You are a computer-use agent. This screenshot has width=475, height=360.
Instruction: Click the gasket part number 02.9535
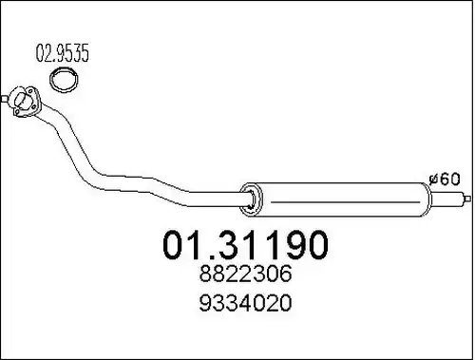pyautogui.click(x=62, y=53)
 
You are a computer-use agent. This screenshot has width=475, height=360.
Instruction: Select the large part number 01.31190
pyautogui.click(x=245, y=245)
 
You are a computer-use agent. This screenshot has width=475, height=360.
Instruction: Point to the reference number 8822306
pyautogui.click(x=245, y=274)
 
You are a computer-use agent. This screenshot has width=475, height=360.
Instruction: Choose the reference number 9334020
pyautogui.click(x=245, y=302)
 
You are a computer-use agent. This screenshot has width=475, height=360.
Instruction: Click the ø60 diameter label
pyautogui.click(x=444, y=180)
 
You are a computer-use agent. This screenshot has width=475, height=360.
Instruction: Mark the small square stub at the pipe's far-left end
pyautogui.click(x=3, y=99)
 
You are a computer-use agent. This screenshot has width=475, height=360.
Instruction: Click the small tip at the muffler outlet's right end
pyautogui.click(x=467, y=199)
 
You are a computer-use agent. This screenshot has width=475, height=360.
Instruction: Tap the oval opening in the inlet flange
pyautogui.click(x=21, y=99)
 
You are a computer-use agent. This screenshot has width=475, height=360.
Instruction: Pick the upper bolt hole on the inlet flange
pyautogui.click(x=30, y=91)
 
